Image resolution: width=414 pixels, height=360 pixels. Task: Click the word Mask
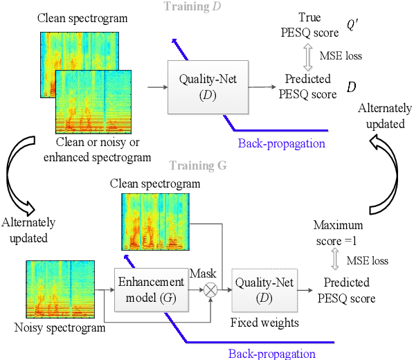(x=203, y=273)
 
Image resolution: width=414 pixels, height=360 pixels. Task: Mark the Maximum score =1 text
(x=339, y=232)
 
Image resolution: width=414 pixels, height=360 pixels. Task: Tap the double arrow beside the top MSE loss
(x=309, y=55)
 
